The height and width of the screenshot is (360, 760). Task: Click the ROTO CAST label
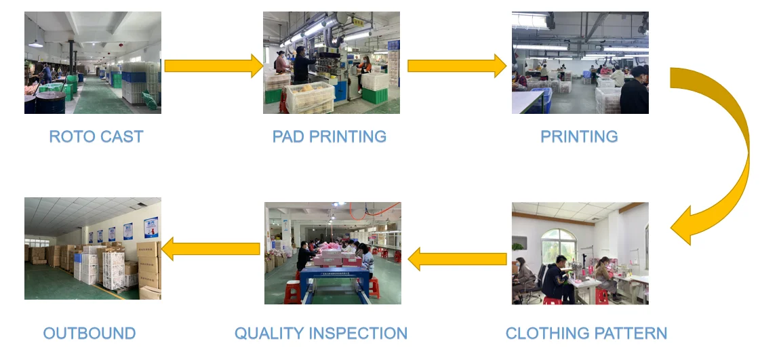pyautogui.click(x=96, y=136)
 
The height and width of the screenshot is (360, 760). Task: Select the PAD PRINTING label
pyautogui.click(x=329, y=136)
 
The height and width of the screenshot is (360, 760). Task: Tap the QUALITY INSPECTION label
pyautogui.click(x=321, y=334)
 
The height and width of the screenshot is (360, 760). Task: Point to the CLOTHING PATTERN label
pyautogui.click(x=586, y=334)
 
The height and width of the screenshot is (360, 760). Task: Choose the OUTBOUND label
pyautogui.click(x=89, y=334)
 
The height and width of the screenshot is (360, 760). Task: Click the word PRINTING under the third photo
pyautogui.click(x=579, y=136)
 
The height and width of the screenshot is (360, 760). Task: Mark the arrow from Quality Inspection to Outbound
pyautogui.click(x=211, y=249)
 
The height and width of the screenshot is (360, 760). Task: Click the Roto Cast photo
pyautogui.click(x=93, y=62)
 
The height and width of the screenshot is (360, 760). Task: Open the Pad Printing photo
pyautogui.click(x=332, y=62)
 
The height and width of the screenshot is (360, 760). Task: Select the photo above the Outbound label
pyautogui.click(x=93, y=249)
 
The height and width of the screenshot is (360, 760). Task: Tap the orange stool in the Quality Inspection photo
pyautogui.click(x=292, y=292)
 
